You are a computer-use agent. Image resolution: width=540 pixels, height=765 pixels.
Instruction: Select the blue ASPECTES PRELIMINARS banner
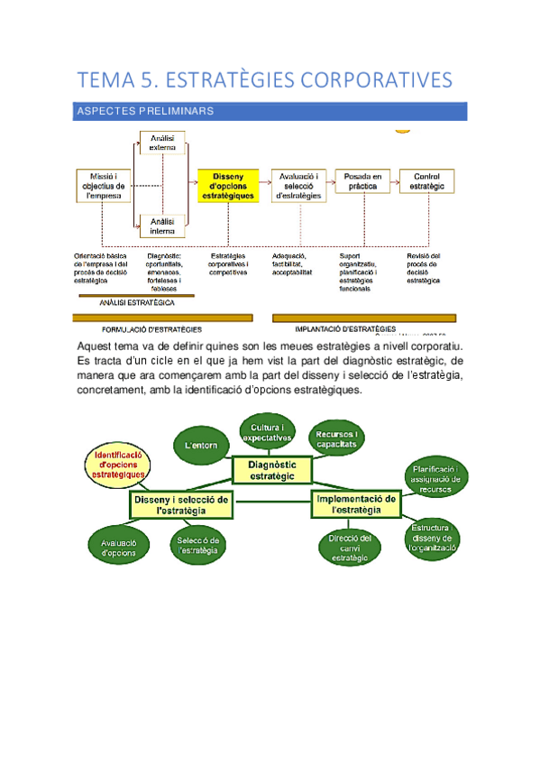coord(270,111)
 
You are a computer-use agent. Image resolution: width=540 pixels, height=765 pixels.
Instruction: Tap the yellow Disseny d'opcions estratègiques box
coord(228,184)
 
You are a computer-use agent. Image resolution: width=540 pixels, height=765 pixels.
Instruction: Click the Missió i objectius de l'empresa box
coord(102,184)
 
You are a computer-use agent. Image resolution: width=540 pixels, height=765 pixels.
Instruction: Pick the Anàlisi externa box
coord(163,143)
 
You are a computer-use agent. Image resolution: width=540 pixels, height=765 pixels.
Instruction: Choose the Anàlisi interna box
coord(163,226)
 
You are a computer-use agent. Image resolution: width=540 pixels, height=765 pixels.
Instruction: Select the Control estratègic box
coord(426,182)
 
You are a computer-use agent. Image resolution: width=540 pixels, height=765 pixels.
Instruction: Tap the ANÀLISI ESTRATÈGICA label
coord(137,304)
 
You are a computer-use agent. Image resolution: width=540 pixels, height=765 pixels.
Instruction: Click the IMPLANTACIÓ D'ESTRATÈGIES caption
coord(345,328)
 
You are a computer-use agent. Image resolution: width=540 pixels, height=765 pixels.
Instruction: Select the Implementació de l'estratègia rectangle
coord(357,504)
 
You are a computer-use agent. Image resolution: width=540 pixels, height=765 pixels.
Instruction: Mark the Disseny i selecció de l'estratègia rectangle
coord(181,504)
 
